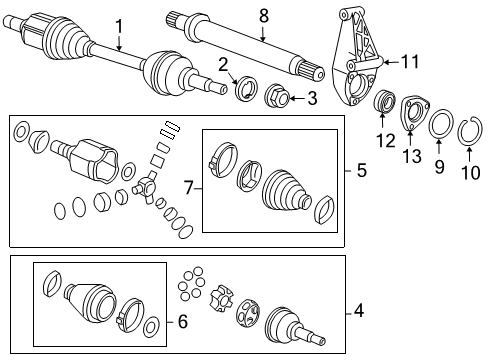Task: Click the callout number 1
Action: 118,25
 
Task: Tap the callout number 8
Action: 264,15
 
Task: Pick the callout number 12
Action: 380,142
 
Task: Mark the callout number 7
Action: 190,186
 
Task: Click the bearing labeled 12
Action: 381,103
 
